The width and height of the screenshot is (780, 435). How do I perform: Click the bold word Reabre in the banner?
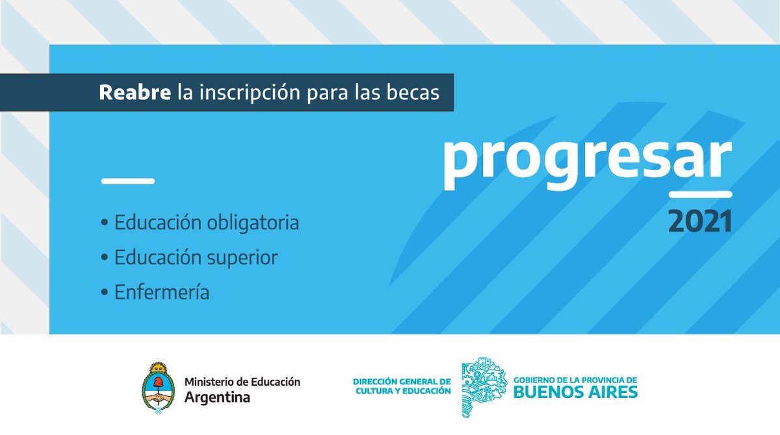click(x=135, y=92)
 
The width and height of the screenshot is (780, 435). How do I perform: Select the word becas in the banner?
click(x=413, y=92)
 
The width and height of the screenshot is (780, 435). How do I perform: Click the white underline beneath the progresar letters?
click(x=701, y=193)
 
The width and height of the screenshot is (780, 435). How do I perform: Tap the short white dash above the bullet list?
click(x=128, y=181)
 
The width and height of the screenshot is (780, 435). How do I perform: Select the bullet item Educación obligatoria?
click(x=200, y=223)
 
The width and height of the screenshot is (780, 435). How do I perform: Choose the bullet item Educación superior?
click(x=189, y=258)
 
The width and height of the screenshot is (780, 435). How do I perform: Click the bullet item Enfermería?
click(x=155, y=292)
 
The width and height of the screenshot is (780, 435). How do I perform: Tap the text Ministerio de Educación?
click(x=242, y=382)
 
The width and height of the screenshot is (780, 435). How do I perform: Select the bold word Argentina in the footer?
click(x=217, y=397)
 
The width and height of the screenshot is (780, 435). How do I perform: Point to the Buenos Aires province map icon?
click(x=484, y=386)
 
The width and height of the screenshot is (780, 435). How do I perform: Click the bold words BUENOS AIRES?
click(x=575, y=392)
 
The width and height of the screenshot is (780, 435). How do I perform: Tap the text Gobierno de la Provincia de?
click(x=575, y=379)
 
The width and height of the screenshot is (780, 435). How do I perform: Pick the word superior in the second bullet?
click(x=242, y=258)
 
